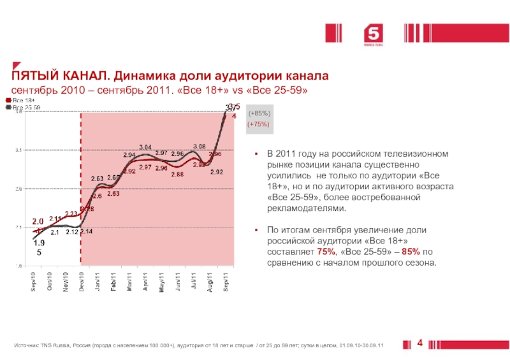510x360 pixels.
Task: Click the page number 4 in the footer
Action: [420, 344]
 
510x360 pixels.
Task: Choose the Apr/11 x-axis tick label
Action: [146, 282]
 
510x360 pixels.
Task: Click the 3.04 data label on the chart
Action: [145, 148]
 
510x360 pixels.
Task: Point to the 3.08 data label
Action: [199, 147]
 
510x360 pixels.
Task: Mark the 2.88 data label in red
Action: [178, 174]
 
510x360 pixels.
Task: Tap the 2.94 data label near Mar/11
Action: [129, 155]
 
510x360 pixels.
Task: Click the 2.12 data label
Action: [71, 232]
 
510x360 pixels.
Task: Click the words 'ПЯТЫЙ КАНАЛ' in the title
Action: [57, 76]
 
